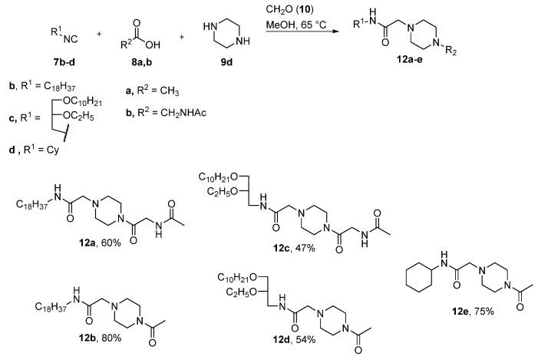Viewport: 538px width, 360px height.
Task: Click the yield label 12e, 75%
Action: (x=461, y=311)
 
